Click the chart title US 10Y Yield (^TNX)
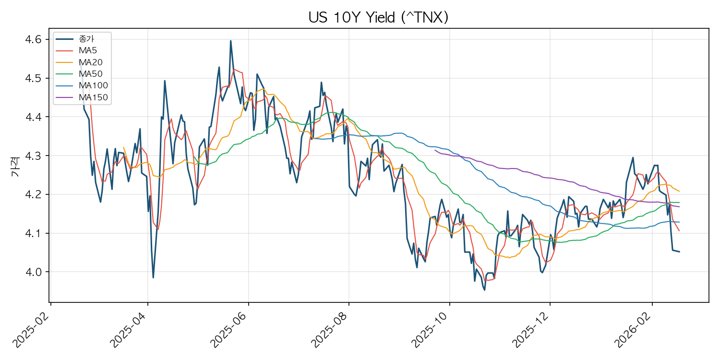(378, 18)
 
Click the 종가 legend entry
(86, 38)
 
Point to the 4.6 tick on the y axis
(33, 39)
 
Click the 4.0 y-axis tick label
(33, 272)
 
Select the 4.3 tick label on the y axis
(33, 156)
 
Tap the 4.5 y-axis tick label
(33, 78)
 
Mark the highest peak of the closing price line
(230, 41)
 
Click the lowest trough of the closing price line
(484, 290)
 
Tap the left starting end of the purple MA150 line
(435, 150)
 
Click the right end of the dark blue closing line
(679, 252)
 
